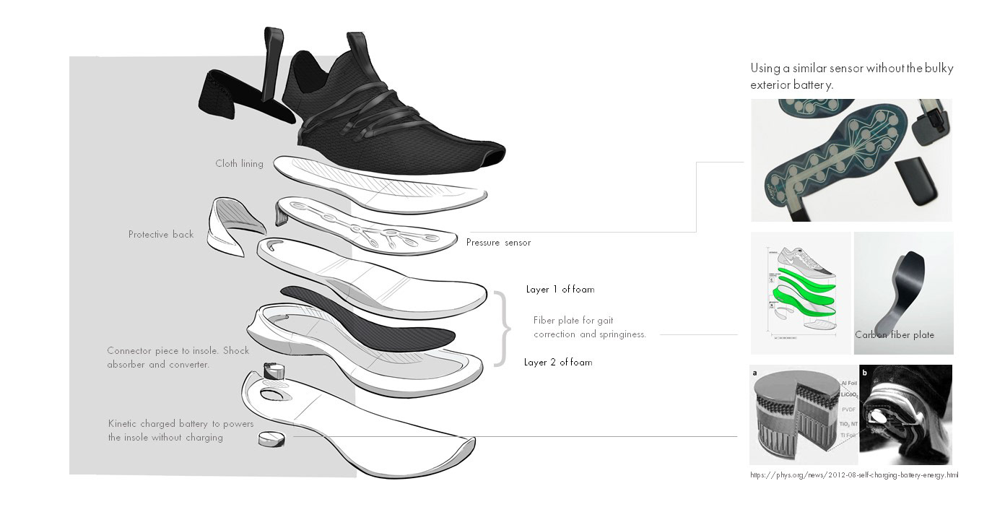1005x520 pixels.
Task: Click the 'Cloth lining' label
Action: [239, 164]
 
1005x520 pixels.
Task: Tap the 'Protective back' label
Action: [161, 235]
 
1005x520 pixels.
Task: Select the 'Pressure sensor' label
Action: [498, 243]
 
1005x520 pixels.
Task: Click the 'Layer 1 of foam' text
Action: [560, 290]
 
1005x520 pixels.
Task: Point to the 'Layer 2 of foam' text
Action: [558, 363]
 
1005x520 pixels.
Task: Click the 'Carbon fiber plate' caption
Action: [895, 335]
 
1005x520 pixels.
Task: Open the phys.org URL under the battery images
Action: [855, 475]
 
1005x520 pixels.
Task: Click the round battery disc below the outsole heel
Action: [272, 439]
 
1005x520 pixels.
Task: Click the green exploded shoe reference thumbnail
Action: [800, 292]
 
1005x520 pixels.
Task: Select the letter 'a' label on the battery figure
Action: [755, 373]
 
